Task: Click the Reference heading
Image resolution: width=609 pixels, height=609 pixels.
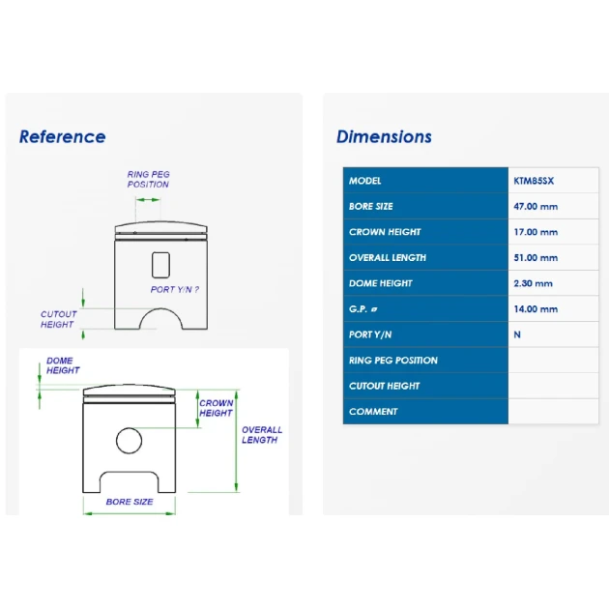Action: (63, 136)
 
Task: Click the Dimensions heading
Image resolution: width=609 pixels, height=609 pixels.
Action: (384, 136)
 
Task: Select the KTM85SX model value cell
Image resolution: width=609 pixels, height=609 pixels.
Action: (534, 181)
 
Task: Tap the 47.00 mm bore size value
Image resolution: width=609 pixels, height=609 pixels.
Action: (536, 206)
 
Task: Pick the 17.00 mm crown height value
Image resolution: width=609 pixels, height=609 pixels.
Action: (536, 232)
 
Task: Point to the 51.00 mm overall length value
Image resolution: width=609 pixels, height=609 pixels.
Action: (536, 257)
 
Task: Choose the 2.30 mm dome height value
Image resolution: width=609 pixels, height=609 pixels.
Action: (533, 283)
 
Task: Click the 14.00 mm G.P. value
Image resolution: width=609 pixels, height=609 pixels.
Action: (536, 308)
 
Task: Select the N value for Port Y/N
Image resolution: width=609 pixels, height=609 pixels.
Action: (517, 334)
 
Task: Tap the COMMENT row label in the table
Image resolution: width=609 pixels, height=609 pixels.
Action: (373, 411)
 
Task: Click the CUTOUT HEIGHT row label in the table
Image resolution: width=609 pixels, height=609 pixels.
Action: (384, 386)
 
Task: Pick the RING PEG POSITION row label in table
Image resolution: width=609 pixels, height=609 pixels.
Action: (393, 360)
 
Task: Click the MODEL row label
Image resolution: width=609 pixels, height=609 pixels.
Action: (364, 181)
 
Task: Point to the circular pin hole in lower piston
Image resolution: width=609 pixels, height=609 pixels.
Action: (129, 428)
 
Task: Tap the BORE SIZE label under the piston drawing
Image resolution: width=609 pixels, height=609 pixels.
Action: (130, 502)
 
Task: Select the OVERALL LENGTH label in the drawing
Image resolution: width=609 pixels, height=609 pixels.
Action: (262, 435)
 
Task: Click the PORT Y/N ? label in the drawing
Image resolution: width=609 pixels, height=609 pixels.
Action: (175, 289)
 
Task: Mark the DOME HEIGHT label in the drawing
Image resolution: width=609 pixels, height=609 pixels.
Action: (63, 365)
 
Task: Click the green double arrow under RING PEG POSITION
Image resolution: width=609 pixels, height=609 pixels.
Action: (148, 200)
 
